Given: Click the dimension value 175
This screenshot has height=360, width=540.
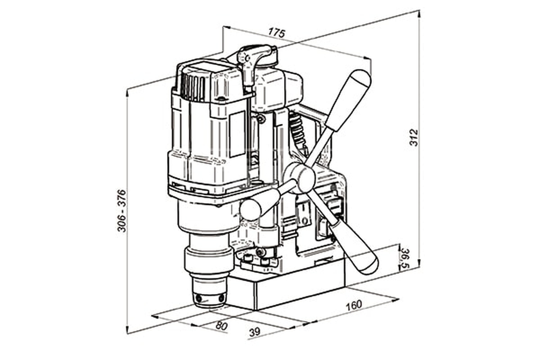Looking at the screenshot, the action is pyautogui.click(x=277, y=32).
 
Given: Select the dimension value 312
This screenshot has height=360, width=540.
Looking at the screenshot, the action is pyautogui.click(x=414, y=137).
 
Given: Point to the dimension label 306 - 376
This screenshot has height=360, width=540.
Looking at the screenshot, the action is pyautogui.click(x=122, y=211).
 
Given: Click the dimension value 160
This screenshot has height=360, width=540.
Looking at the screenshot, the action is pyautogui.click(x=354, y=305).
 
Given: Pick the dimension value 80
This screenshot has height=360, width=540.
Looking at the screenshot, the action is pyautogui.click(x=221, y=326).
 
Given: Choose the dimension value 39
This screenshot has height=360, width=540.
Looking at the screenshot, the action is pyautogui.click(x=255, y=332).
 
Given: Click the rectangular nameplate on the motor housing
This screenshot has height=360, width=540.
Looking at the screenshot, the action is pyautogui.click(x=237, y=135).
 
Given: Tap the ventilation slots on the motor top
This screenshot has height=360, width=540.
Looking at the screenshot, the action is pyautogui.click(x=193, y=86).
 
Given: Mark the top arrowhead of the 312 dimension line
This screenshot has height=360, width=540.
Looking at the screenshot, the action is pyautogui.click(x=419, y=13).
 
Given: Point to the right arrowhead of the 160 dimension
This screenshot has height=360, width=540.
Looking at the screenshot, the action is pyautogui.click(x=395, y=299).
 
